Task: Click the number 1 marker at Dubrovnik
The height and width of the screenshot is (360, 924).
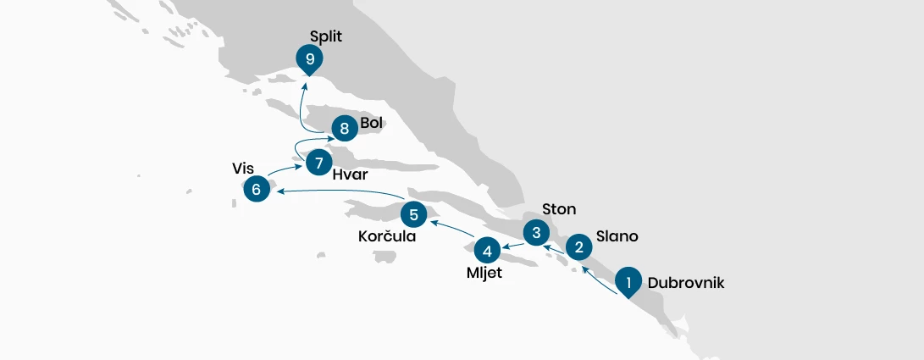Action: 628,282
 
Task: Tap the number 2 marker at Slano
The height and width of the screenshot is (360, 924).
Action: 579,247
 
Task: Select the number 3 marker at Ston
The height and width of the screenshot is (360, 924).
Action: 536,233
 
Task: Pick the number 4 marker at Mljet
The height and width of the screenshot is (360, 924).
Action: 487,251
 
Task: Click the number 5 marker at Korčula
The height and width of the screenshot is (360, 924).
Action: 413,215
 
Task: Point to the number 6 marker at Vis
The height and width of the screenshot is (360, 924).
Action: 257,189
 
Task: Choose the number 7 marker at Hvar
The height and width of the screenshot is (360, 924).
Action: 318,163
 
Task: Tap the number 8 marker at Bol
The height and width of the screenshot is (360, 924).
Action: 345,128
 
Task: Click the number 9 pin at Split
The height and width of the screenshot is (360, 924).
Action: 309,59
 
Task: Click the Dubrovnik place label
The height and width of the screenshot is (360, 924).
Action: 686,283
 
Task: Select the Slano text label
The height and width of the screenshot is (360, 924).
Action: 617,236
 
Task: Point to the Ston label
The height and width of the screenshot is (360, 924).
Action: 559,209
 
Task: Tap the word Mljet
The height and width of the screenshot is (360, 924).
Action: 484,274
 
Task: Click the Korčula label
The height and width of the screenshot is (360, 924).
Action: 387,236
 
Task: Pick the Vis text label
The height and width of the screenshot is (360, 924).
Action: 243,169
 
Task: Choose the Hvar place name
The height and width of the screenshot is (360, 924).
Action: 350,175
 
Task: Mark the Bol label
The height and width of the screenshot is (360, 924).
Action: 371,123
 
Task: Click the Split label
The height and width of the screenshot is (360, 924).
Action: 326,36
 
